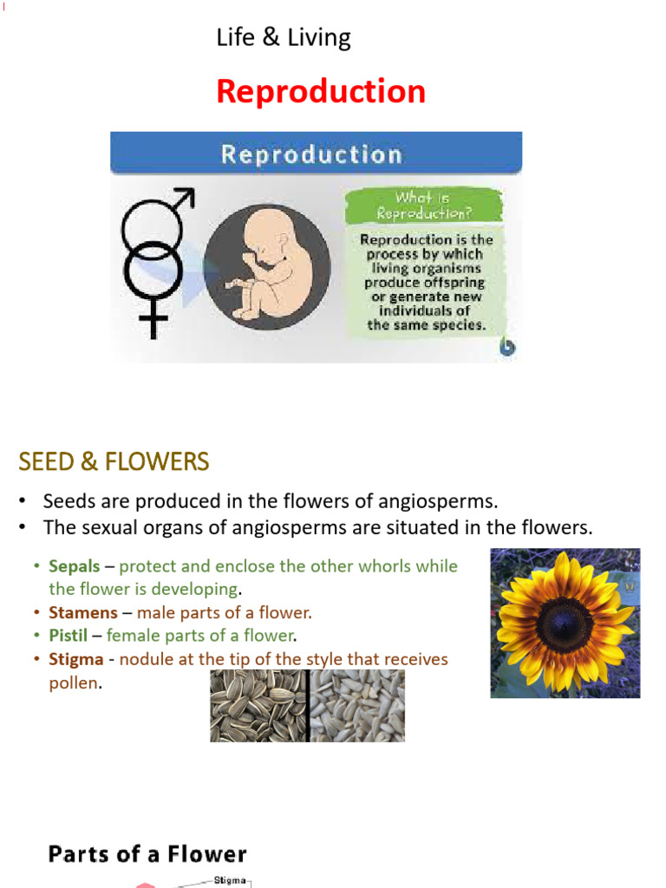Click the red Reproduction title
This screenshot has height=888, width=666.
click(x=321, y=92)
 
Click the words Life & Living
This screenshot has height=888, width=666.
click(x=284, y=38)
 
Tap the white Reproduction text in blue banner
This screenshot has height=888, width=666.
click(x=311, y=154)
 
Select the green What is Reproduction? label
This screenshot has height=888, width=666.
click(x=424, y=206)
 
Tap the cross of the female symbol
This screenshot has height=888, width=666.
click(x=153, y=324)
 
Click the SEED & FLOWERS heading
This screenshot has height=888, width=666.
click(x=114, y=461)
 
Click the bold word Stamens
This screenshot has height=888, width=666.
click(x=82, y=613)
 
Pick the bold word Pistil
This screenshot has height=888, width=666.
click(x=68, y=636)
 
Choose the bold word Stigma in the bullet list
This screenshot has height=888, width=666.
click(x=75, y=659)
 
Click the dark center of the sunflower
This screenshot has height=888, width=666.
click(x=565, y=623)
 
